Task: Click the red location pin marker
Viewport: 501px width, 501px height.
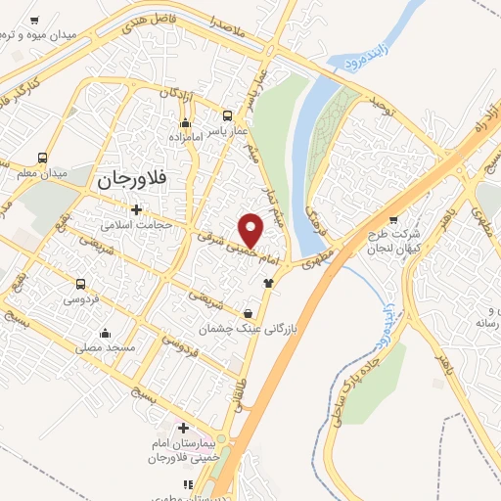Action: (x=251, y=229)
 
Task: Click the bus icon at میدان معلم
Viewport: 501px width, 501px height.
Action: (x=41, y=158)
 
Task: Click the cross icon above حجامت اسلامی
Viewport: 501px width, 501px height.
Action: (x=136, y=208)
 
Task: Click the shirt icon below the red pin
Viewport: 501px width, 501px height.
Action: (x=268, y=283)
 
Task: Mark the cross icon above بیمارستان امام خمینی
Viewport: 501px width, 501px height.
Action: (x=183, y=429)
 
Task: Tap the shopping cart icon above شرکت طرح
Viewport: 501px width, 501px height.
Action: (x=393, y=220)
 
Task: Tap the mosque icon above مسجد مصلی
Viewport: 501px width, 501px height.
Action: (x=103, y=333)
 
